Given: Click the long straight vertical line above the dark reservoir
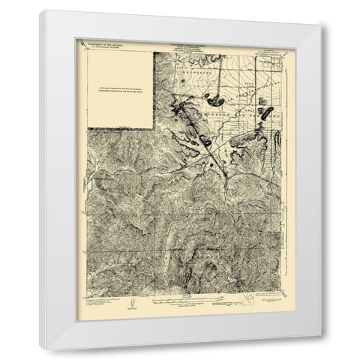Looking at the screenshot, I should (212, 71).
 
